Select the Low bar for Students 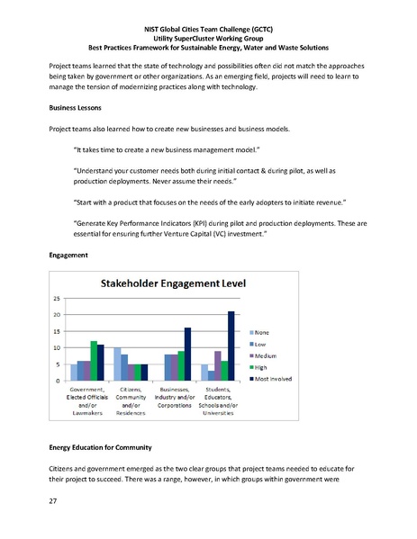(x=210, y=375)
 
